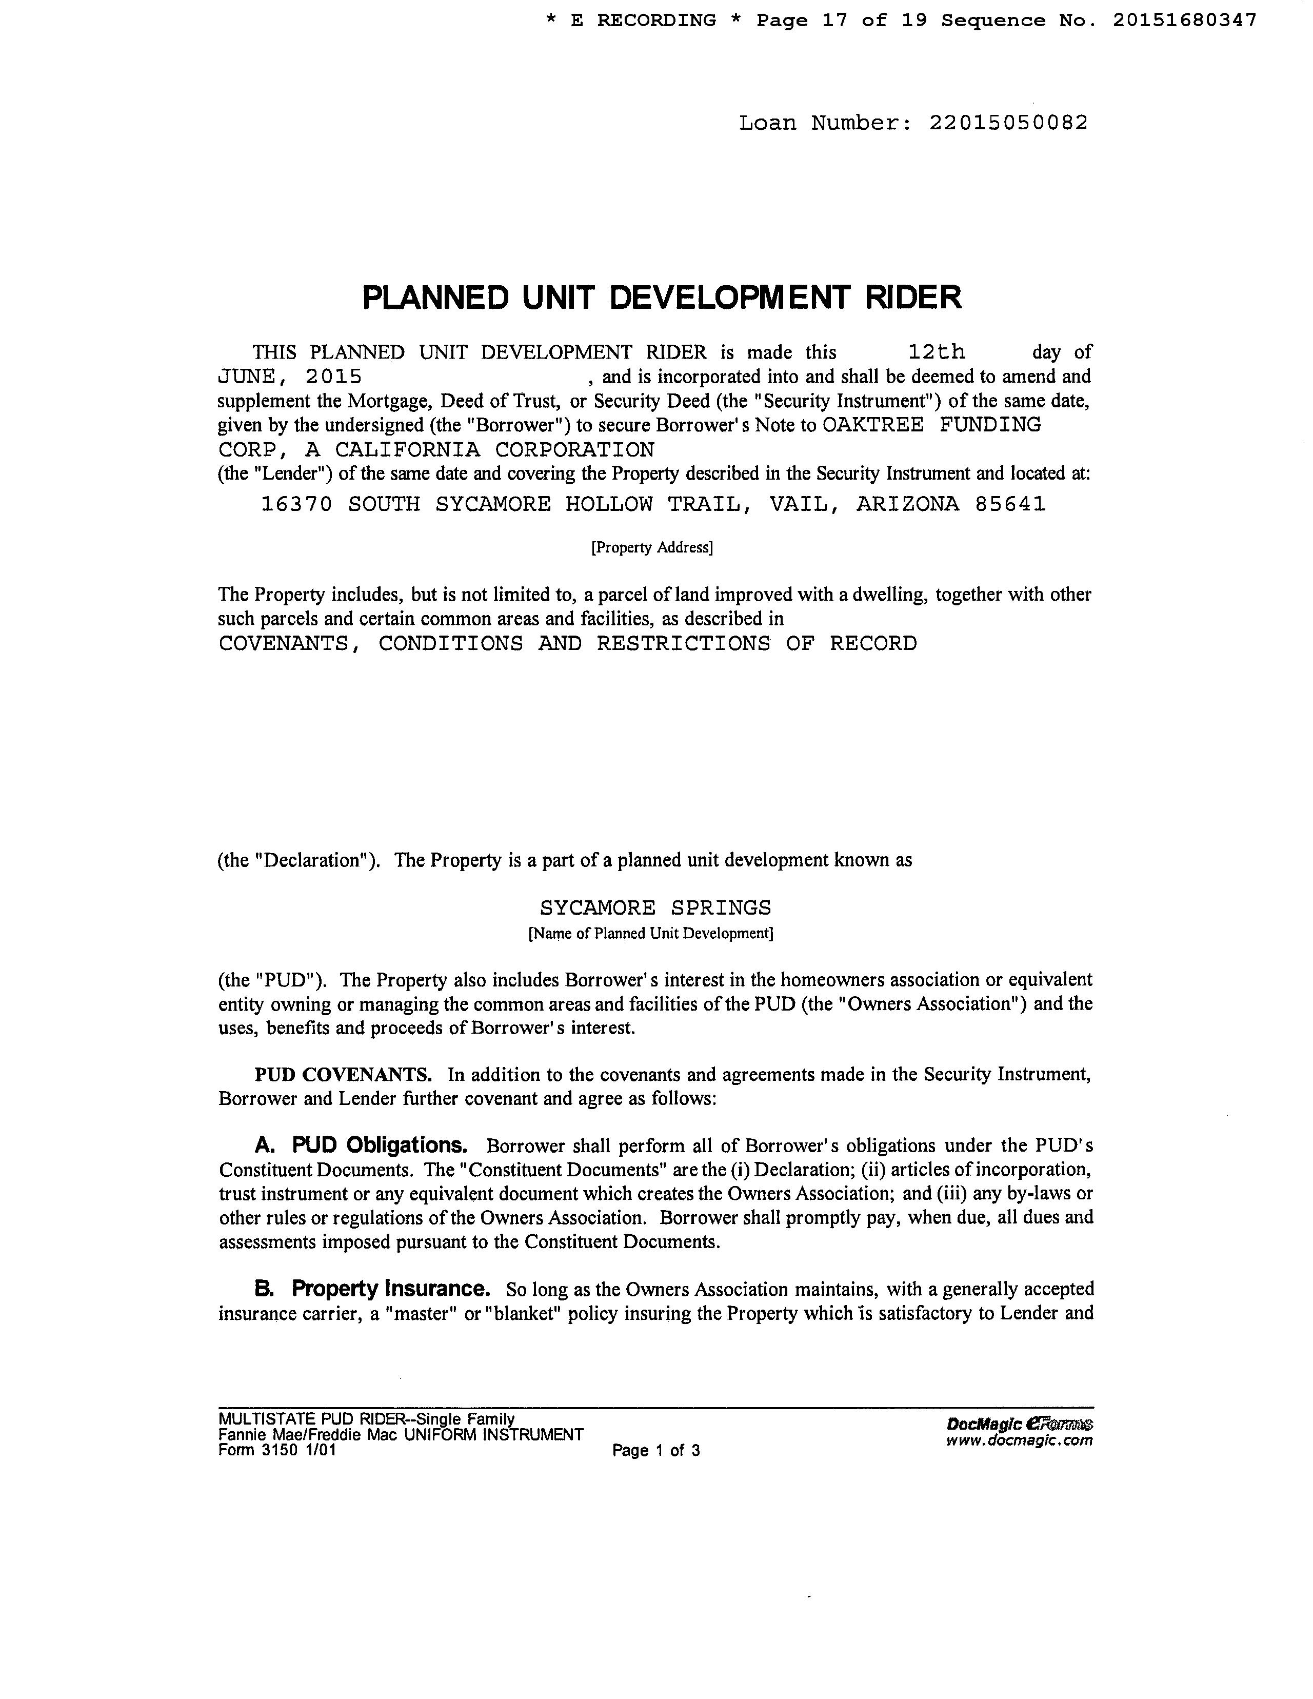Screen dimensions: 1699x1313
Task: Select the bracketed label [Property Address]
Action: pyautogui.click(x=652, y=548)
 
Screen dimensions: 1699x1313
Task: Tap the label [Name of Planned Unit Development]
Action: pyautogui.click(x=650, y=934)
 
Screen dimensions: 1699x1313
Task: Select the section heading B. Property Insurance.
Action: pyautogui.click(x=372, y=1289)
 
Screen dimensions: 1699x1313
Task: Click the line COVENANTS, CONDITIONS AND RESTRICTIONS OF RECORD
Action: pyautogui.click(x=568, y=643)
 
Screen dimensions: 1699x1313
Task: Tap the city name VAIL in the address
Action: pyautogui.click(x=803, y=504)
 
